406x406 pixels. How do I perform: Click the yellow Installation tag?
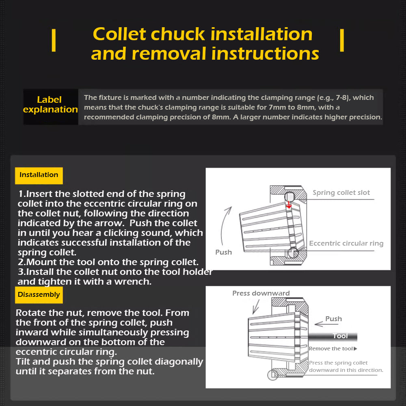tap(39, 175)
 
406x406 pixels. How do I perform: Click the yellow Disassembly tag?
tap(39, 295)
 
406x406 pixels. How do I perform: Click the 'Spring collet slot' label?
tap(341, 193)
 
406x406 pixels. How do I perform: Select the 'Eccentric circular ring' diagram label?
tap(346, 244)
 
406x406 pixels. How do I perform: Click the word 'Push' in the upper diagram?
tap(223, 252)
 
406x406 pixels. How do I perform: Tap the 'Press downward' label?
tap(261, 293)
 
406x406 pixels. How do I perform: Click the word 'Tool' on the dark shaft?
tap(340, 336)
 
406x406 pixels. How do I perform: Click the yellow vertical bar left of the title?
tap(54, 41)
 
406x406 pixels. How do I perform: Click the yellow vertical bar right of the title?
tap(342, 41)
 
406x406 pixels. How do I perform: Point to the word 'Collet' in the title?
tap(120, 34)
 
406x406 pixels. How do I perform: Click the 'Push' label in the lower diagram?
tap(333, 319)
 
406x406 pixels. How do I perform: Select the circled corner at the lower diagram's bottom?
tap(272, 374)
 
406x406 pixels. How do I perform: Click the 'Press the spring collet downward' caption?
tap(346, 366)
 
